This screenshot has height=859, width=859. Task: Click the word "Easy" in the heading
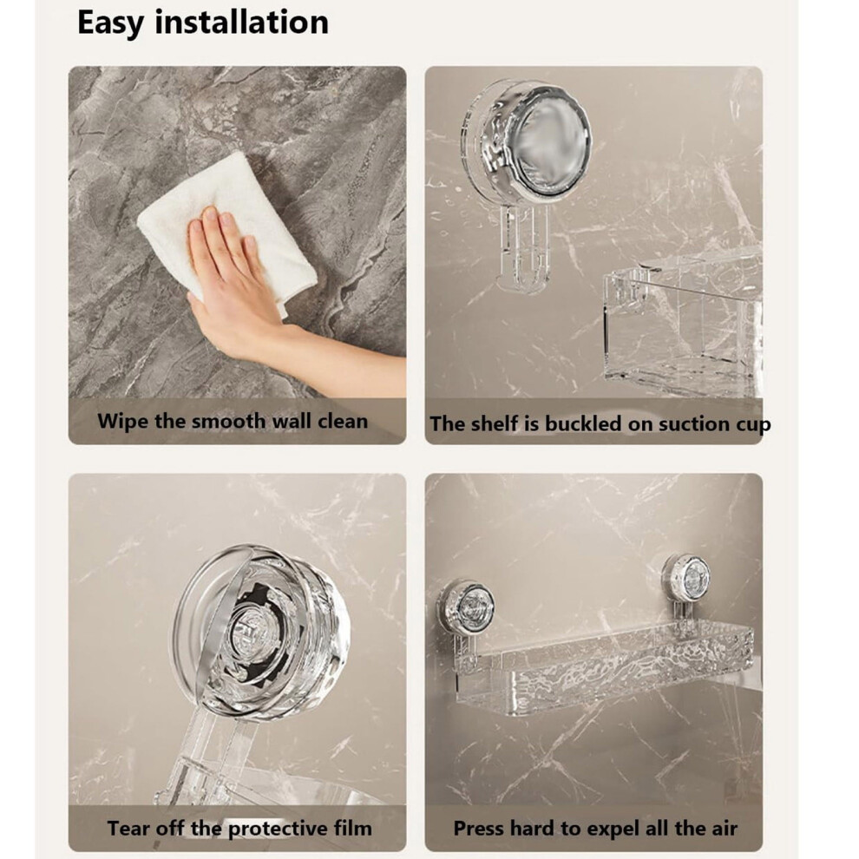[111, 23]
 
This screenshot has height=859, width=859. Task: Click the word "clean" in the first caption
[343, 422]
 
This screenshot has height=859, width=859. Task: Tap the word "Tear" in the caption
[129, 828]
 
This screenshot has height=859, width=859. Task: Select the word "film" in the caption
[353, 828]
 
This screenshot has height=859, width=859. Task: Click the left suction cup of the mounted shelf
[465, 607]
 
